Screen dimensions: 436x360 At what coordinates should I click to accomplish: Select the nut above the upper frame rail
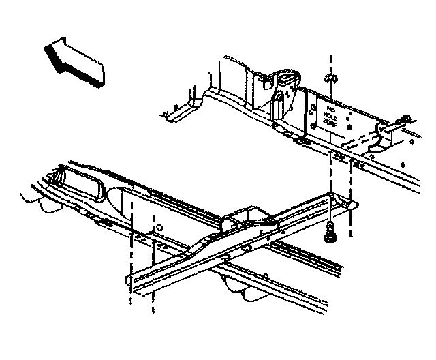[x=330, y=80]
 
